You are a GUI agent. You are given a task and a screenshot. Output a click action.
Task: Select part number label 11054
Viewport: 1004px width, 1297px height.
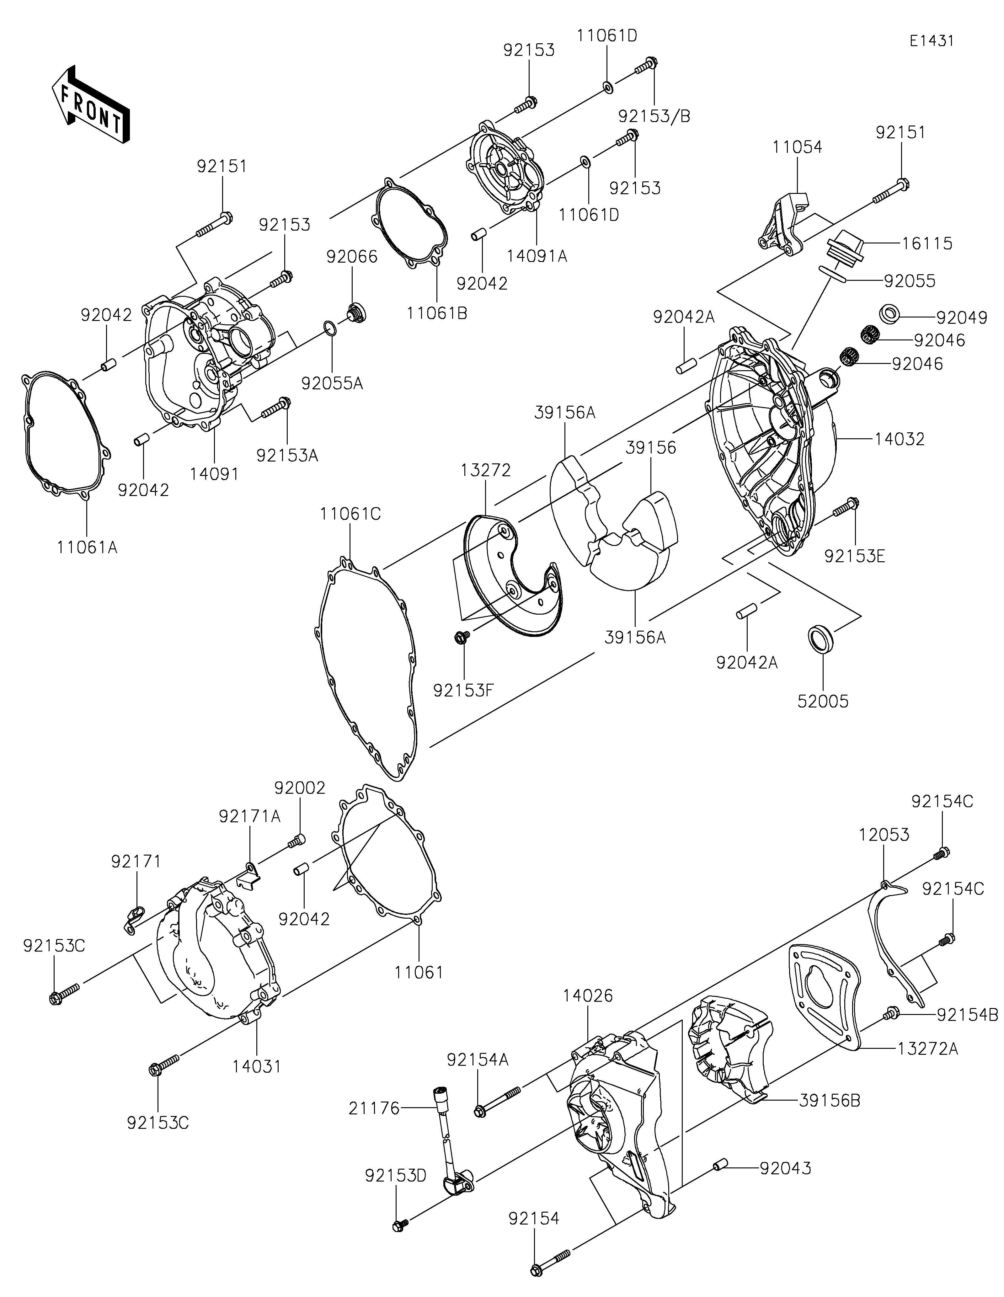click(x=797, y=147)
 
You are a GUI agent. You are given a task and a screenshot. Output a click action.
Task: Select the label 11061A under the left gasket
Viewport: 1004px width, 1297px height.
click(x=87, y=547)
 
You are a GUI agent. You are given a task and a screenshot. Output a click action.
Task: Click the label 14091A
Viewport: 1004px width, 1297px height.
click(x=537, y=257)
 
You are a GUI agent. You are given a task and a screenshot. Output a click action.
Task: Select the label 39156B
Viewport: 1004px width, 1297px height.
click(x=830, y=1100)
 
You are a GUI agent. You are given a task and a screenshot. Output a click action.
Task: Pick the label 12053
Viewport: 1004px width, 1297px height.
click(x=884, y=835)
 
